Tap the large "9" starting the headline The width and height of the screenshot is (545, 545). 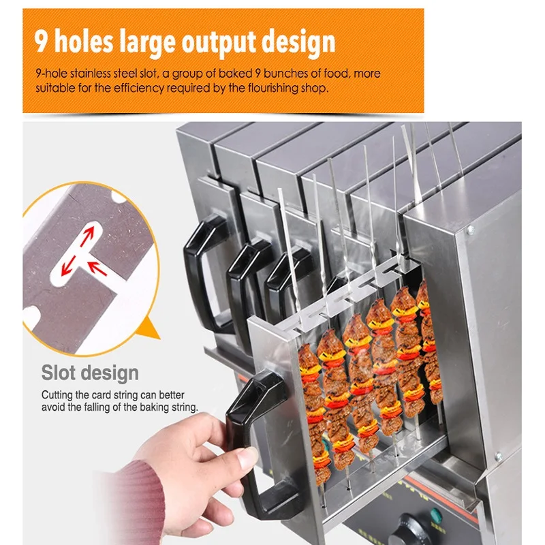(x=41, y=41)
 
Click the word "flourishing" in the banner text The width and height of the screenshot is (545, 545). (x=273, y=89)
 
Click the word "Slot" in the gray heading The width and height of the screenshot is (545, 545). (x=58, y=373)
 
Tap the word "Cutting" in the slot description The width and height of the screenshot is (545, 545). (x=57, y=395)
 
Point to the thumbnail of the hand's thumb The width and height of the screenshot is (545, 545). (x=247, y=457)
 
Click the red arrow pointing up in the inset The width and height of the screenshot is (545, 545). (x=88, y=236)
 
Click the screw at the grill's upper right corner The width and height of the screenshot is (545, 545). (x=470, y=230)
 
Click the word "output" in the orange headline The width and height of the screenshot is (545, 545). (x=219, y=42)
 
